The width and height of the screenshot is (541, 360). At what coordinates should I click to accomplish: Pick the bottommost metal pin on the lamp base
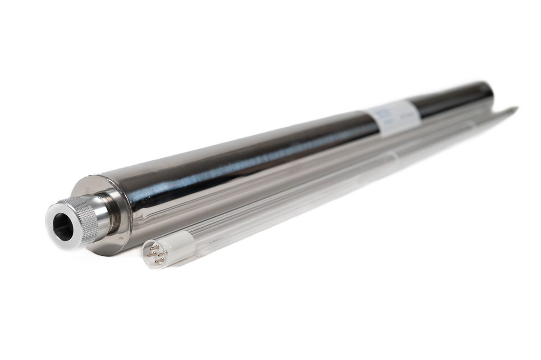pyautogui.click(x=156, y=261)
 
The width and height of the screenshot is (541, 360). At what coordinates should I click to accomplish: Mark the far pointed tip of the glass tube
pyautogui.click(x=515, y=108)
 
